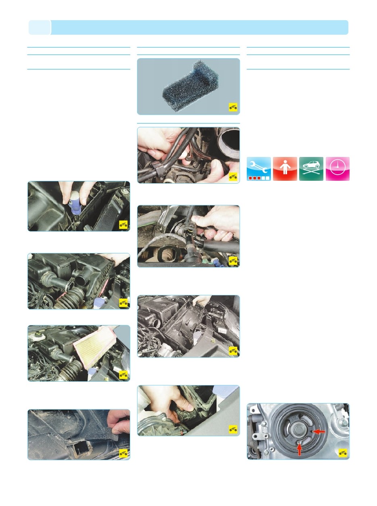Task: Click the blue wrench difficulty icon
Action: [x=259, y=169]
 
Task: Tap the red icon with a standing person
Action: [x=285, y=169]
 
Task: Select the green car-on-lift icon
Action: [x=311, y=169]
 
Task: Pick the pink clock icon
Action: [x=337, y=169]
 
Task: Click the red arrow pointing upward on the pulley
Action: [x=300, y=448]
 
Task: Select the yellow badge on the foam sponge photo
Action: [x=233, y=107]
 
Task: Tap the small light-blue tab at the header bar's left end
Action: [x=40, y=27]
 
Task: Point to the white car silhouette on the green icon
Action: [x=311, y=165]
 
